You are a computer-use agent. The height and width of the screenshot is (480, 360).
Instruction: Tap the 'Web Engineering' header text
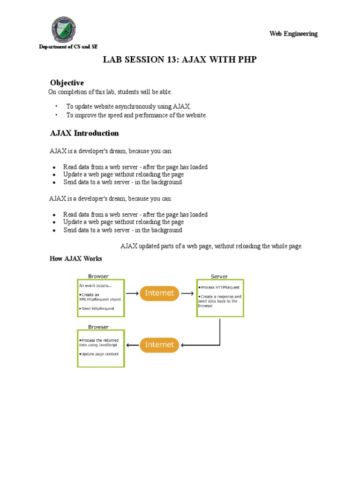[x=293, y=34]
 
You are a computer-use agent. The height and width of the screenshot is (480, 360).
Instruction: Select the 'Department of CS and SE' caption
[x=68, y=47]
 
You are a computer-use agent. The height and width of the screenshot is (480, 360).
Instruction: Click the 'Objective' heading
[x=67, y=83]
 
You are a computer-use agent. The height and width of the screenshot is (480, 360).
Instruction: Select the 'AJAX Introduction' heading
[x=84, y=133]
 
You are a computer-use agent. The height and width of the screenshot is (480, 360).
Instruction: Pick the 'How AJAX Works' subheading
[x=76, y=259]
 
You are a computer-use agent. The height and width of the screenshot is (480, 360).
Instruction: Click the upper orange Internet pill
[x=159, y=293]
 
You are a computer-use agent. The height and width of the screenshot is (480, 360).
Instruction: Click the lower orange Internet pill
[x=159, y=345]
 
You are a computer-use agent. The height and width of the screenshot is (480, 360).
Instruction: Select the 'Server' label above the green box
[x=219, y=277]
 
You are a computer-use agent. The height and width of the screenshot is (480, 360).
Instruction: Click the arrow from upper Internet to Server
[x=187, y=293]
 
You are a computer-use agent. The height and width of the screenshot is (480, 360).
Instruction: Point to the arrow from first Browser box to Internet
[x=132, y=293]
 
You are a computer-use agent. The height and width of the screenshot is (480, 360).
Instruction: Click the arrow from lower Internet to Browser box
[x=132, y=345]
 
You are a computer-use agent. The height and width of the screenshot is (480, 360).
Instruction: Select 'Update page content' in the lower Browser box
[x=100, y=354]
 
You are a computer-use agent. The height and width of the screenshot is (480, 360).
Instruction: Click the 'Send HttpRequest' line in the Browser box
[x=97, y=308]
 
